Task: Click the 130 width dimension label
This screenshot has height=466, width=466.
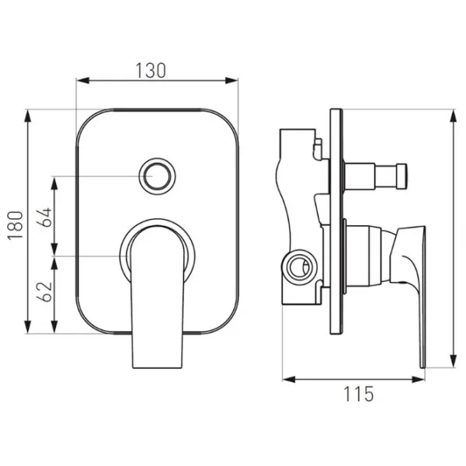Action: (x=151, y=71)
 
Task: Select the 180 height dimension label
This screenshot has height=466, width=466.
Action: (x=16, y=225)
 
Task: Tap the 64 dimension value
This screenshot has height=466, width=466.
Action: (x=44, y=217)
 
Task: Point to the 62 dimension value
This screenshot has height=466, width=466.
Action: (x=44, y=291)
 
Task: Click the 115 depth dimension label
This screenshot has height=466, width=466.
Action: (x=359, y=394)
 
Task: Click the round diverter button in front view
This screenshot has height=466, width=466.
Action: (x=157, y=176)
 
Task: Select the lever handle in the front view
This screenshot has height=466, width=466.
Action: (x=157, y=297)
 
